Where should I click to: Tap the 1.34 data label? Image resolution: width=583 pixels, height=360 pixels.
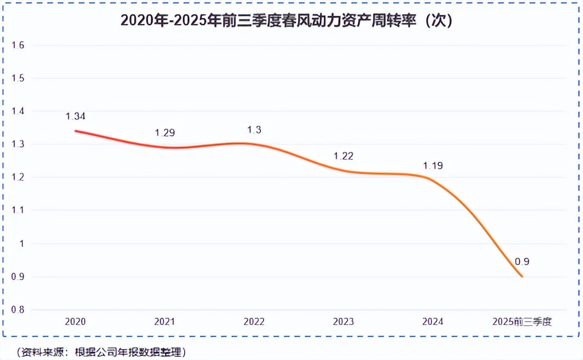75,116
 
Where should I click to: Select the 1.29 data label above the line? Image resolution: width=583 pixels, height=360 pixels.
165,133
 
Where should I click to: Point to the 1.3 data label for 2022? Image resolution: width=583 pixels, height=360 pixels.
254,129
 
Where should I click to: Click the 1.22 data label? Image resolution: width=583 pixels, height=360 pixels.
343,156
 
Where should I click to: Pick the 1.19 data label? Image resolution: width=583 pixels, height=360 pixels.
433,166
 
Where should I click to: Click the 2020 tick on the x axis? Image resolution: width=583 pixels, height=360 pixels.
75,322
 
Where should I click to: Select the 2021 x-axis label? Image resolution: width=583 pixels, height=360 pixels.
165,322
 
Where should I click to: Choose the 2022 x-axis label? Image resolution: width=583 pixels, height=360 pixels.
254,322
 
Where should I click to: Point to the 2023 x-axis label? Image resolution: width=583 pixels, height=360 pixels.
343,322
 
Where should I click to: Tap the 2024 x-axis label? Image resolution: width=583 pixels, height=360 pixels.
433,322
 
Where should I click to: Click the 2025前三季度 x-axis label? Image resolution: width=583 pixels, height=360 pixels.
521,322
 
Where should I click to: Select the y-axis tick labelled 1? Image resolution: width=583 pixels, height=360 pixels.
22,244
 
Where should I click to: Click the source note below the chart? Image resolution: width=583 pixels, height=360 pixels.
100,351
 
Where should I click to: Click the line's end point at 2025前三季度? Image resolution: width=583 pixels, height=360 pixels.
522,277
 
